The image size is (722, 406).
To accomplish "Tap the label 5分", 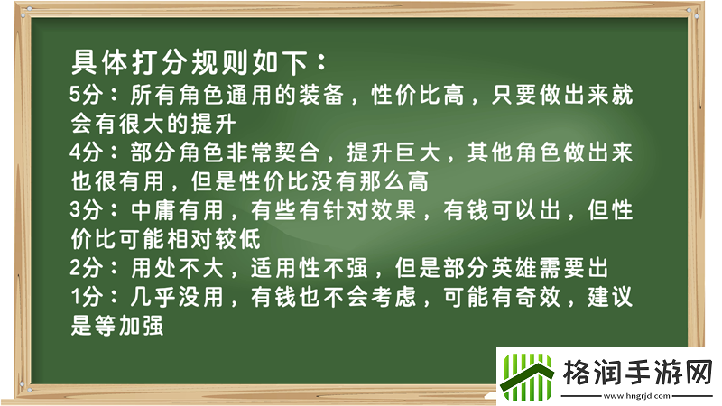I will [87, 95].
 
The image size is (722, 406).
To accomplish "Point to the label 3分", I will [87, 210].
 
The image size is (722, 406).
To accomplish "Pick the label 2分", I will [87, 268].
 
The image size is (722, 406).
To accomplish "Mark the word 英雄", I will [531, 268].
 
